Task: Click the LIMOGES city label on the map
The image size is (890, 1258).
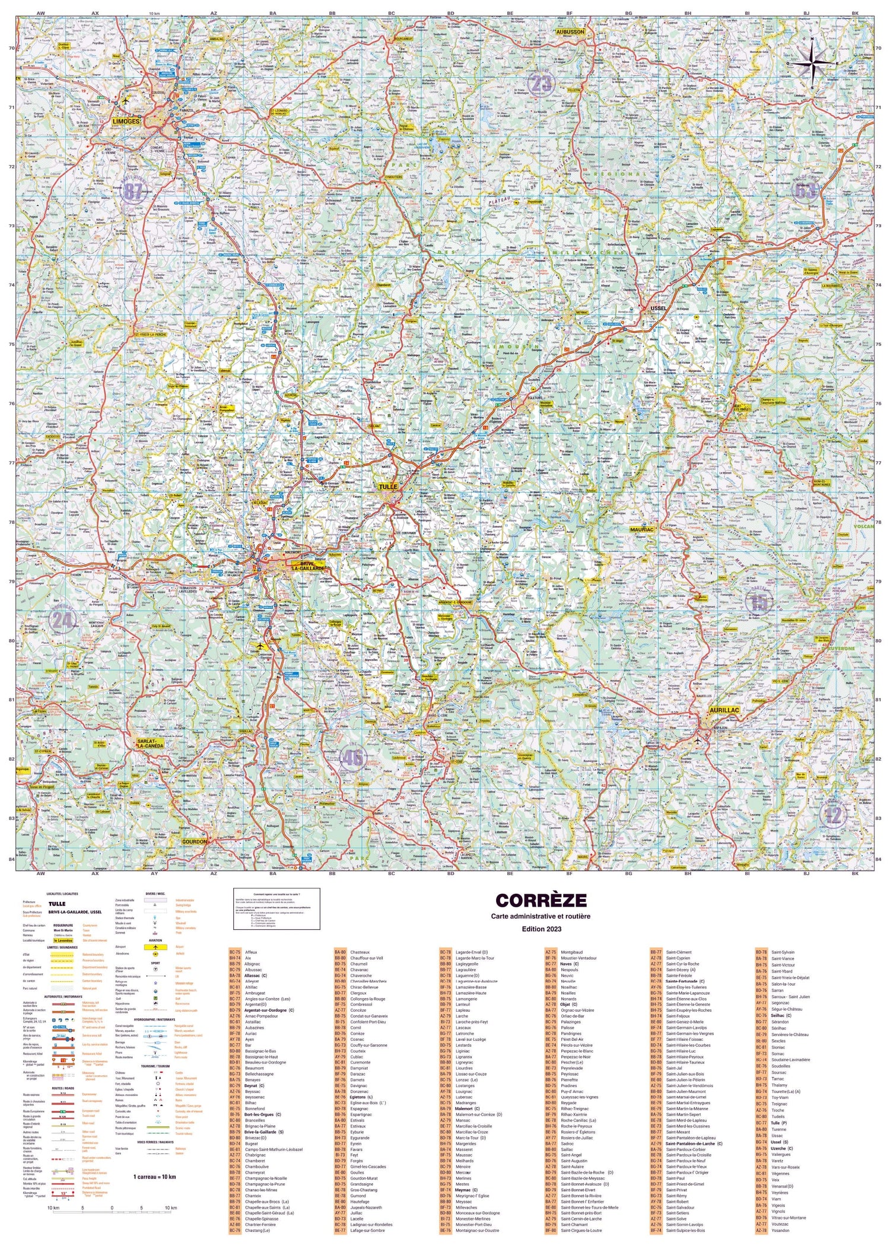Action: pyautogui.click(x=126, y=121)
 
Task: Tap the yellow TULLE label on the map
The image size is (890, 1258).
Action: pyautogui.click(x=388, y=487)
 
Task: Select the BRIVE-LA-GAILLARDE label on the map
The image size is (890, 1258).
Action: pyautogui.click(x=307, y=565)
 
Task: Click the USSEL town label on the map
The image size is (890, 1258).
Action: pyautogui.click(x=658, y=309)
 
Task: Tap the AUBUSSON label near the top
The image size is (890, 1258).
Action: pyautogui.click(x=570, y=31)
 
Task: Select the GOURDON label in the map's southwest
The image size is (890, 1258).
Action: pyautogui.click(x=195, y=841)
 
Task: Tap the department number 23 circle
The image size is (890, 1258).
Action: pyautogui.click(x=541, y=84)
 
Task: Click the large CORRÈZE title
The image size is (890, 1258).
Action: pyautogui.click(x=541, y=900)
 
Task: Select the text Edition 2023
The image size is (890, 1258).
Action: pyautogui.click(x=541, y=929)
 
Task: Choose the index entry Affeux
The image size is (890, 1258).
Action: pyautogui.click(x=251, y=952)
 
